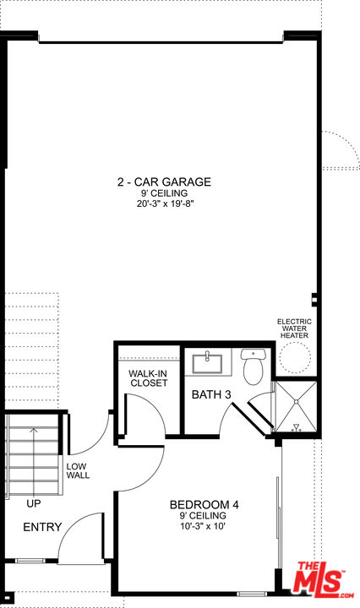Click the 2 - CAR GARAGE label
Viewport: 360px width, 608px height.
coord(164,182)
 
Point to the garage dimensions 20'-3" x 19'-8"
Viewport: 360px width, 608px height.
coord(165,204)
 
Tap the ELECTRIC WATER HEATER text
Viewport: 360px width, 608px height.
coord(294,328)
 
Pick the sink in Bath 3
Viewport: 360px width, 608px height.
coord(208,362)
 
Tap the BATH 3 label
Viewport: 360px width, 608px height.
coord(211,394)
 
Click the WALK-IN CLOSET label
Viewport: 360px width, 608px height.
coord(149,378)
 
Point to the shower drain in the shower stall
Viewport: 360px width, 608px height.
coord(296,401)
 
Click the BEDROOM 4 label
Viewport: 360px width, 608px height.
coord(204,504)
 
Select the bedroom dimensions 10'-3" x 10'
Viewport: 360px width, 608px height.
coord(203,527)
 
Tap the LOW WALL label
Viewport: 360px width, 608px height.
coord(78,470)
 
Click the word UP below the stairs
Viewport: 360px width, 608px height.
coord(34,503)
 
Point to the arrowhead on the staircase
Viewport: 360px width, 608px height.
coord(34,430)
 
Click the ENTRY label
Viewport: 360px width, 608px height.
coord(42,527)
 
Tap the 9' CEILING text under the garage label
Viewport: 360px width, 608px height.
coord(164,193)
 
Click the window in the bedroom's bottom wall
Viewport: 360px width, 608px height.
coord(252,594)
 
